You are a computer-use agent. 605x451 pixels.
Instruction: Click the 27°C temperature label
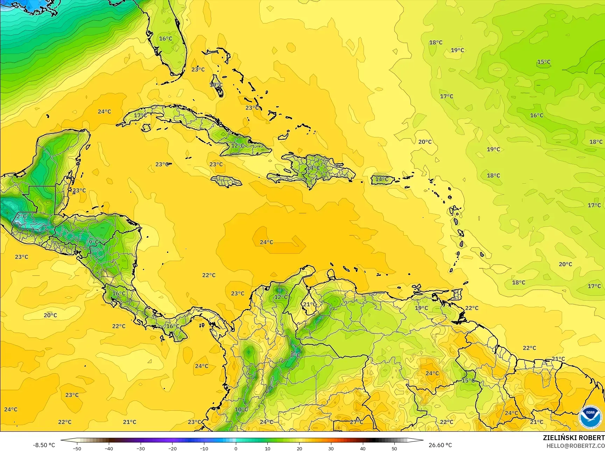(x=356, y=422)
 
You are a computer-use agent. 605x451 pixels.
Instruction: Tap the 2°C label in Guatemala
(x=21, y=217)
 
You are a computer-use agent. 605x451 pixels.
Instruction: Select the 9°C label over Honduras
(x=93, y=242)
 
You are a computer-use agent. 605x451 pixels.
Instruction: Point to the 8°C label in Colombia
(x=295, y=355)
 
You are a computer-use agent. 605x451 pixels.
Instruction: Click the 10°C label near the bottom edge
(x=241, y=409)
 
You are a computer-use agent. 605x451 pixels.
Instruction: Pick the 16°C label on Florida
(x=166, y=39)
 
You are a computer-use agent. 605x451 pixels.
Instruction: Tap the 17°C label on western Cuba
(x=140, y=115)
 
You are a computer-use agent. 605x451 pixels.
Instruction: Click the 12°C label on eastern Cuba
(x=238, y=145)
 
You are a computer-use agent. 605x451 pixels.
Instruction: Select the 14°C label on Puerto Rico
(x=381, y=179)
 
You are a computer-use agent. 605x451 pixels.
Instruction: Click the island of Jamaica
(x=226, y=181)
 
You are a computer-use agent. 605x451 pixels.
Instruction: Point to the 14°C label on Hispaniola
(x=313, y=168)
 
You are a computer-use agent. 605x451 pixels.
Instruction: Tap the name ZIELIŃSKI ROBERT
(x=574, y=438)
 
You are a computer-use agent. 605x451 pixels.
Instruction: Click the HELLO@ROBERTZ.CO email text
(x=576, y=445)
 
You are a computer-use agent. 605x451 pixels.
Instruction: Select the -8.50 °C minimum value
(x=44, y=445)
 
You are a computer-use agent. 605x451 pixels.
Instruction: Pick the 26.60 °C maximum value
(x=440, y=445)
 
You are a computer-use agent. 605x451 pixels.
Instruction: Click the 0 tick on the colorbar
(x=235, y=448)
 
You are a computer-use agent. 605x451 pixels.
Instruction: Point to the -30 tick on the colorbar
(x=140, y=448)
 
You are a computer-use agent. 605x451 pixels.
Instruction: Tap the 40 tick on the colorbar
(x=363, y=448)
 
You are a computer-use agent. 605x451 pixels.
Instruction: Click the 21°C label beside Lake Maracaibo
(x=309, y=304)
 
